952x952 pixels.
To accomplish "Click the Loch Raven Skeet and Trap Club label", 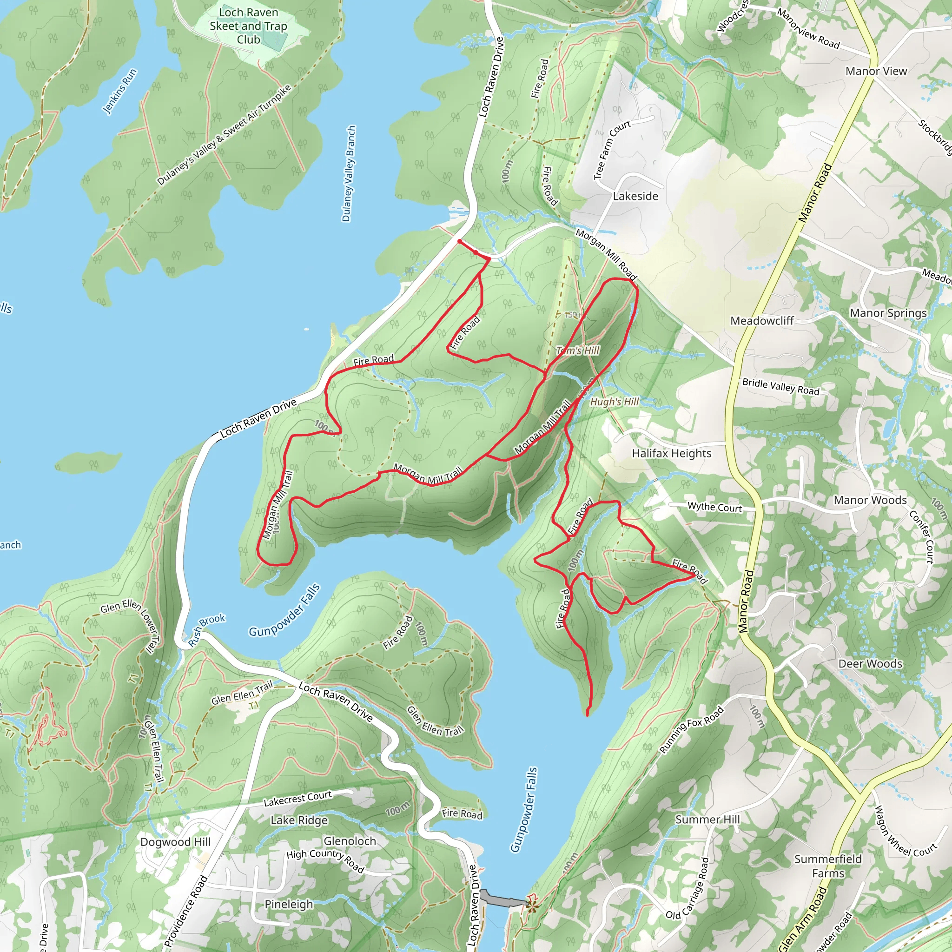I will click(248, 26).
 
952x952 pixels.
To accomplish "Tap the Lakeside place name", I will click(635, 196).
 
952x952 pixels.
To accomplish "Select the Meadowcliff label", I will click(762, 321).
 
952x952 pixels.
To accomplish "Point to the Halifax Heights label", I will click(672, 453).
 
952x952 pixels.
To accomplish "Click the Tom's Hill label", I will click(577, 350).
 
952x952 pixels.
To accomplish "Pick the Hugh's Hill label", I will click(614, 402).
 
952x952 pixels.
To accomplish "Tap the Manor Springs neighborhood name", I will click(888, 313).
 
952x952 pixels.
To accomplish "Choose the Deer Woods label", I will click(870, 664).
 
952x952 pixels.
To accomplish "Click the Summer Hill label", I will click(707, 820).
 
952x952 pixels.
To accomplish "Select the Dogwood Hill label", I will click(175, 842).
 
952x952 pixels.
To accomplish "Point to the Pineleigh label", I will click(289, 904).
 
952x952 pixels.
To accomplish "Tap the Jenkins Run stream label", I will click(120, 92).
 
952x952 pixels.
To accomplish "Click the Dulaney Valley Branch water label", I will click(349, 173).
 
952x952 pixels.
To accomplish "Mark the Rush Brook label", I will click(206, 630).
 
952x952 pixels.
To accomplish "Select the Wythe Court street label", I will click(714, 507).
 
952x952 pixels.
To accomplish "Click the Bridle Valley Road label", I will click(780, 387).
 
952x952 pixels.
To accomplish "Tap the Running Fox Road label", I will click(692, 730).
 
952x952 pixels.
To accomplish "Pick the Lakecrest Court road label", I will click(297, 799).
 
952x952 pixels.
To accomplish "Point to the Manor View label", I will click(876, 72).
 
